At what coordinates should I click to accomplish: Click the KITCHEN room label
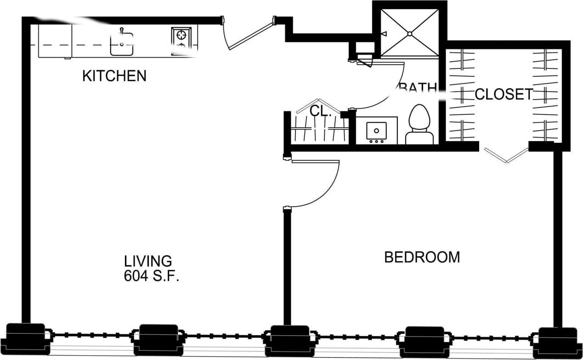click(114, 76)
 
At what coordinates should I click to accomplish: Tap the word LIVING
click(148, 261)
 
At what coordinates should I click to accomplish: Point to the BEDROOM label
click(422, 257)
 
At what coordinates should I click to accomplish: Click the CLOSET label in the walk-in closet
click(504, 94)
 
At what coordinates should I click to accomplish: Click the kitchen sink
click(122, 44)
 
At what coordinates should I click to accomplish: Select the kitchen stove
click(181, 41)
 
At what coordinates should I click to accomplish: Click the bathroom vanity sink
click(376, 131)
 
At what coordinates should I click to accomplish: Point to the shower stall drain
click(409, 34)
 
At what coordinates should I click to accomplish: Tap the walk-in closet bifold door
click(506, 155)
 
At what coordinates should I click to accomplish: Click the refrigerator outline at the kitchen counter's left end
click(55, 41)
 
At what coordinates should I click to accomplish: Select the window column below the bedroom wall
click(289, 341)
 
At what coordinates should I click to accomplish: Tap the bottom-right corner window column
click(557, 343)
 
